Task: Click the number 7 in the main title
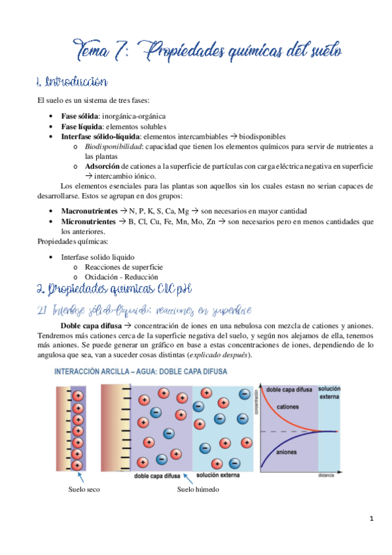click(x=124, y=50)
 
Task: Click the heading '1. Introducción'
click(x=71, y=82)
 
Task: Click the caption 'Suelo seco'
click(x=84, y=490)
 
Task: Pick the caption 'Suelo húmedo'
click(x=198, y=490)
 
